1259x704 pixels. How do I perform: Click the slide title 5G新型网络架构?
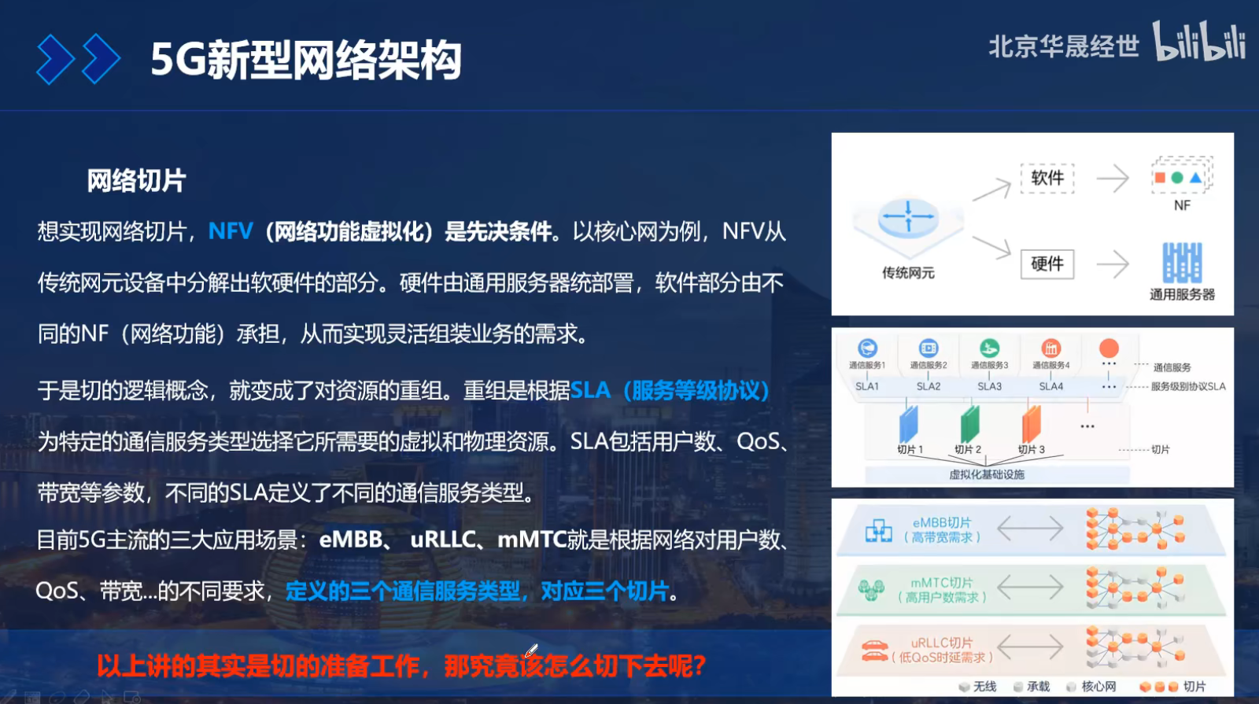305,60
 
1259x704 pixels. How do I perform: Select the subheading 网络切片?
136,181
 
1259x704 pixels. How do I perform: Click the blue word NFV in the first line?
231,231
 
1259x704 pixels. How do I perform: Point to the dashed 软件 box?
1047,178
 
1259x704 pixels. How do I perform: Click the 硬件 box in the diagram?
1047,264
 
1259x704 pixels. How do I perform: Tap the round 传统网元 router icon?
908,218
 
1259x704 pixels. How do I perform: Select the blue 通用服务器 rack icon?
1181,263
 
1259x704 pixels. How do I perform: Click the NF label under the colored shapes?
1182,205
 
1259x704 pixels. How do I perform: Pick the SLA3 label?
989,386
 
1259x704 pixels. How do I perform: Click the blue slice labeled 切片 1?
908,424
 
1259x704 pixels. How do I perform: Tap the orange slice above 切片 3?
1031,424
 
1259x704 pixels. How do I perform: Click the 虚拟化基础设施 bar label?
987,474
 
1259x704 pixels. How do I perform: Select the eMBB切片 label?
942,522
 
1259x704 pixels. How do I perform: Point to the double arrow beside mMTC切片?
1030,588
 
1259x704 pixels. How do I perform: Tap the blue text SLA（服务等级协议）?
669,390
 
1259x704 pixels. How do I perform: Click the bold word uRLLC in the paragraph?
444,540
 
